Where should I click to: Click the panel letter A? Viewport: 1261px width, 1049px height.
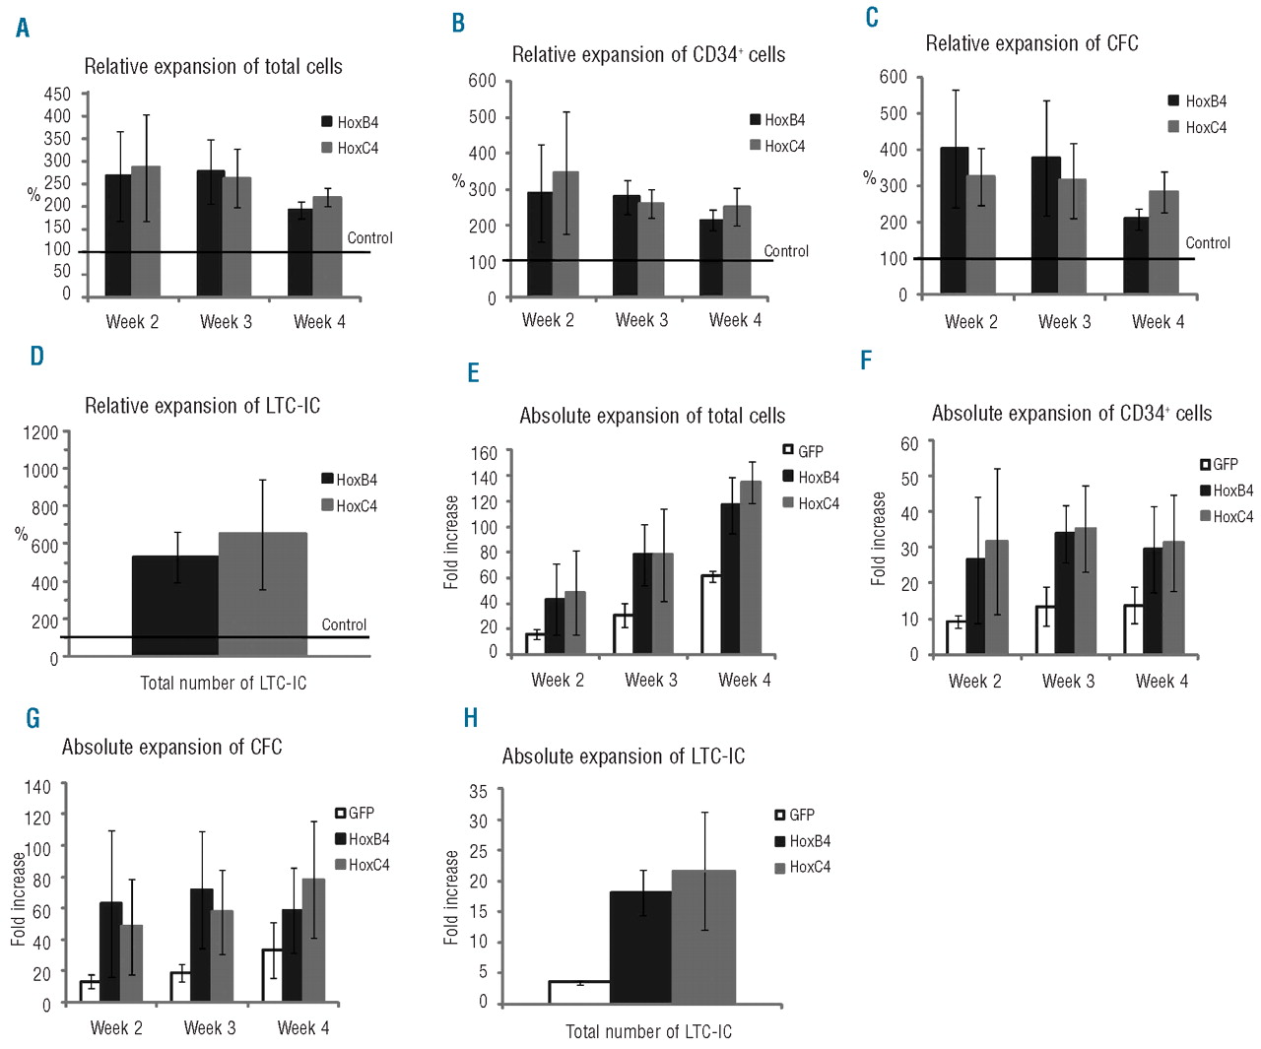pyautogui.click(x=23, y=28)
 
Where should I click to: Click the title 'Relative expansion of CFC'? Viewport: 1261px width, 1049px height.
pyautogui.click(x=1031, y=43)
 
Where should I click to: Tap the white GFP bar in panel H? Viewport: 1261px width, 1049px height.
pyautogui.click(x=579, y=992)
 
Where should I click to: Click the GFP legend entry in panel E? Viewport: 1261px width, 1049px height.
pyautogui.click(x=803, y=451)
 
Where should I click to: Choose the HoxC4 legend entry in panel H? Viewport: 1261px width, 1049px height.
pyautogui.click(x=802, y=867)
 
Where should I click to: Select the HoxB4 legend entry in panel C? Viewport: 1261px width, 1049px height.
pyautogui.click(x=1197, y=100)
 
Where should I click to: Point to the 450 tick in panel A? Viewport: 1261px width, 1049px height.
pyautogui.click(x=58, y=94)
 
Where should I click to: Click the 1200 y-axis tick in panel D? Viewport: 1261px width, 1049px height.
pyautogui.click(x=41, y=432)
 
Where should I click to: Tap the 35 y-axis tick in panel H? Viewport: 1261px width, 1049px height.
pyautogui.click(x=479, y=791)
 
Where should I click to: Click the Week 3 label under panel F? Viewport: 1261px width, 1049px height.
pyautogui.click(x=1068, y=681)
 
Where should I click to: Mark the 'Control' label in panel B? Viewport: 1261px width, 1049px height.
pyautogui.click(x=786, y=251)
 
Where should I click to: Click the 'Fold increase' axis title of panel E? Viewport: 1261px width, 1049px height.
pyautogui.click(x=452, y=542)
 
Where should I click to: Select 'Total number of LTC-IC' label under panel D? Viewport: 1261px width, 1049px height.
pyautogui.click(x=224, y=683)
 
